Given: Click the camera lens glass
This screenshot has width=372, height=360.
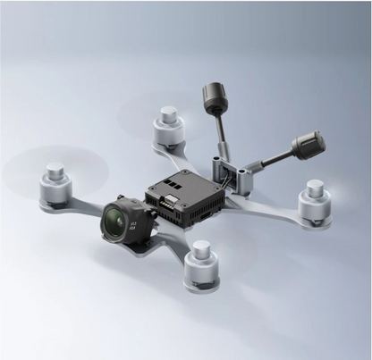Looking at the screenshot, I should click(115, 215).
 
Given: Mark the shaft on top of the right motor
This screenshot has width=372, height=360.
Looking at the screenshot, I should click(315, 187).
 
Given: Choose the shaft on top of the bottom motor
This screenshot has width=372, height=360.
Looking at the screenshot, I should click(201, 247).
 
